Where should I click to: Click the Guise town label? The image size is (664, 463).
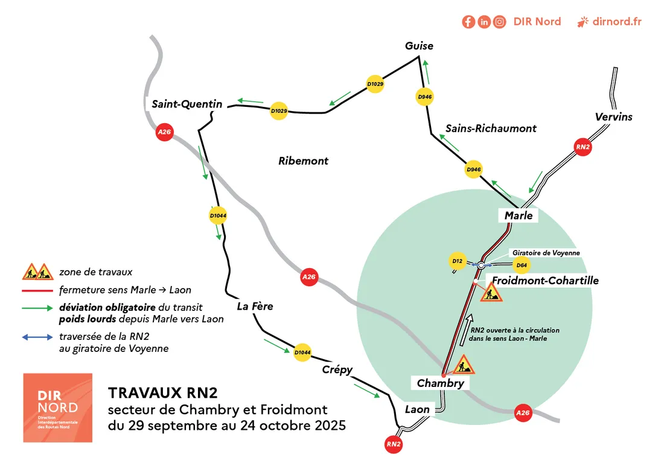point(419,46)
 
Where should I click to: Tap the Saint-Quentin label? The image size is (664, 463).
point(187,104)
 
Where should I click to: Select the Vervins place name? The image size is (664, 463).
point(613,117)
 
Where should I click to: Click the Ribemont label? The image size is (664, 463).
point(303,161)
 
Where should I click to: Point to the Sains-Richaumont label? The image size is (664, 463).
point(491,128)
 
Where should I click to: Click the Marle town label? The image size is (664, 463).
point(519,216)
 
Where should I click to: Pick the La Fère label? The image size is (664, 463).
point(255,306)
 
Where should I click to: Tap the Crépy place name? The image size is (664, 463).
point(337,369)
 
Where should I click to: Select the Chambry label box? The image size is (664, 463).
point(441,383)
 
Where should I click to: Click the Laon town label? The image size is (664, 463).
point(417,409)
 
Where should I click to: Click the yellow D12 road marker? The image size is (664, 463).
point(457,261)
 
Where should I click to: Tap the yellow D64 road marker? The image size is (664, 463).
point(522,264)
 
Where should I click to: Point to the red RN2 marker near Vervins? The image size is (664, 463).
point(582,147)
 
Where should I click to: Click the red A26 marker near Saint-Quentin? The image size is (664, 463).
point(164,132)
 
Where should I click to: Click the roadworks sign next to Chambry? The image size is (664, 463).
point(464,365)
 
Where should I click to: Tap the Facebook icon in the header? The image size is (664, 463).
point(468,22)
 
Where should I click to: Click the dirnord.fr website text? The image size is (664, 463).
point(616,22)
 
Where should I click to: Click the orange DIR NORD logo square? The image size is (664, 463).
point(57,408)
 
